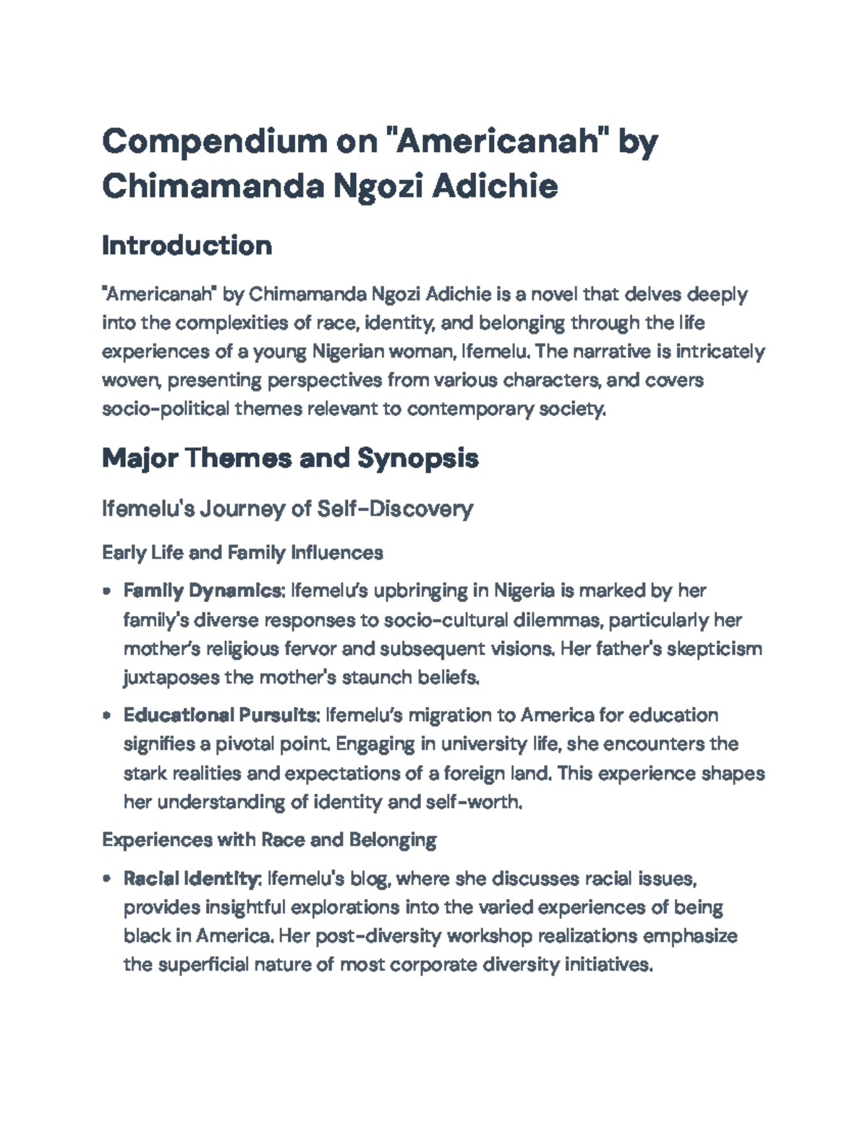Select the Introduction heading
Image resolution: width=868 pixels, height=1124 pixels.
click(x=187, y=246)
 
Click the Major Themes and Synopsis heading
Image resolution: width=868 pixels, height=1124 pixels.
click(x=290, y=458)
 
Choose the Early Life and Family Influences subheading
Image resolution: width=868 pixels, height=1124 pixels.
click(x=242, y=553)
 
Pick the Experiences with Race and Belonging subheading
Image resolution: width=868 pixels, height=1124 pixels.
click(x=269, y=840)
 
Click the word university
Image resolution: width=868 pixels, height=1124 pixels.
click(x=480, y=744)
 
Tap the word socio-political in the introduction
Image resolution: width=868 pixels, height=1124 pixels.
click(x=164, y=409)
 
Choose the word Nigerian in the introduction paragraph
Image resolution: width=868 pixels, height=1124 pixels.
click(x=349, y=352)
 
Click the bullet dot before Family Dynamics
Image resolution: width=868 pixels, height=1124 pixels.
click(x=107, y=591)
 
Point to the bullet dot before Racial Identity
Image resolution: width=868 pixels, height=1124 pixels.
click(x=107, y=879)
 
